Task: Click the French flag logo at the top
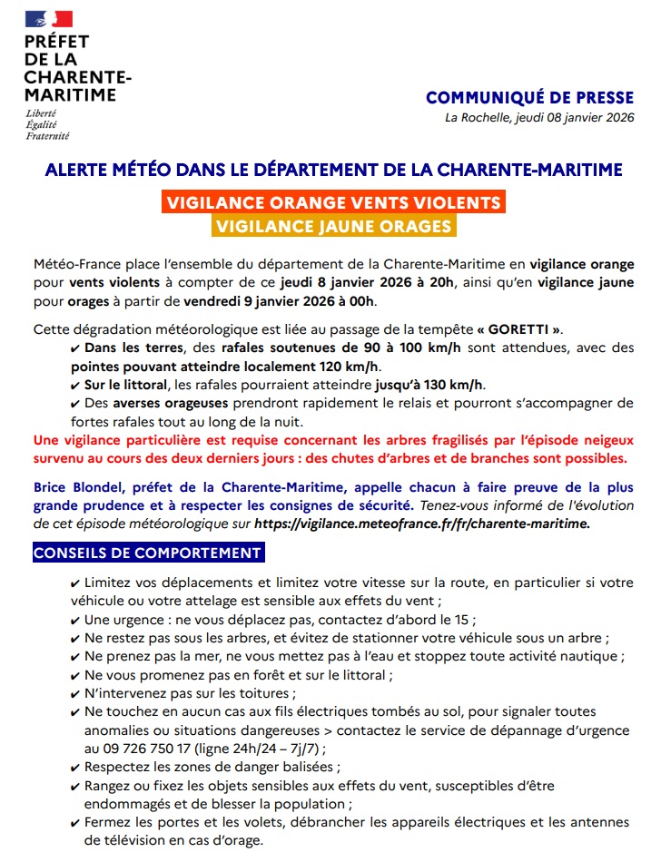(48, 18)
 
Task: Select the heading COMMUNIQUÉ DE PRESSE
(529, 98)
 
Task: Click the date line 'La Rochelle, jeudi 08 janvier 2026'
(539, 117)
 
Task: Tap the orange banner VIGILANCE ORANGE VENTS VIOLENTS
(333, 201)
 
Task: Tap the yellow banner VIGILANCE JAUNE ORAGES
(333, 226)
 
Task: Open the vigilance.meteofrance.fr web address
(422, 524)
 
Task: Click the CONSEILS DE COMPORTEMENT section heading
(147, 553)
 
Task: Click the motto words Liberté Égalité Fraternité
(46, 124)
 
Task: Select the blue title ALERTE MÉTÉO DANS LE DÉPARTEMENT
(333, 170)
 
